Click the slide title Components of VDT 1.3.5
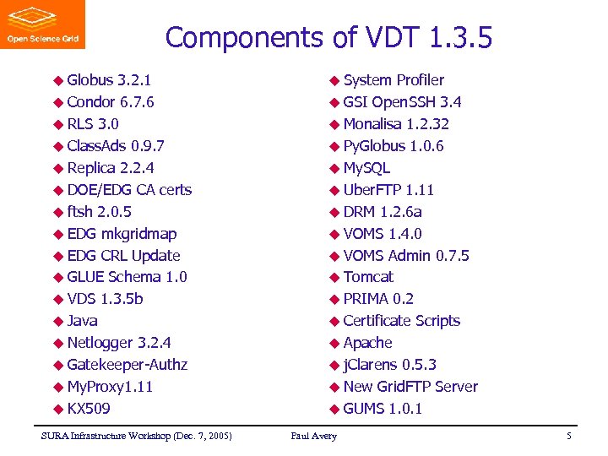(x=328, y=38)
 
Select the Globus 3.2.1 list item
(x=109, y=80)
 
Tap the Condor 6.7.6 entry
(x=110, y=102)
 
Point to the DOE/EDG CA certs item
(x=128, y=190)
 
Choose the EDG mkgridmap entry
(x=121, y=234)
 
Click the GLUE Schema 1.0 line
(x=127, y=277)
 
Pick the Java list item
(x=82, y=321)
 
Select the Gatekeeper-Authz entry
(x=127, y=365)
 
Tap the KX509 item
(x=89, y=409)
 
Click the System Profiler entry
(x=393, y=80)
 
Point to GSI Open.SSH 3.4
(x=402, y=102)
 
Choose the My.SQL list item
(x=366, y=168)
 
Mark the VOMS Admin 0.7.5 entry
(x=406, y=256)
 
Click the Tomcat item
(x=368, y=277)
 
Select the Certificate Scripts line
(x=401, y=321)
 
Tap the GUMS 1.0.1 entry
(x=383, y=409)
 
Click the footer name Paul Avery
(x=313, y=436)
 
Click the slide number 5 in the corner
(x=569, y=436)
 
